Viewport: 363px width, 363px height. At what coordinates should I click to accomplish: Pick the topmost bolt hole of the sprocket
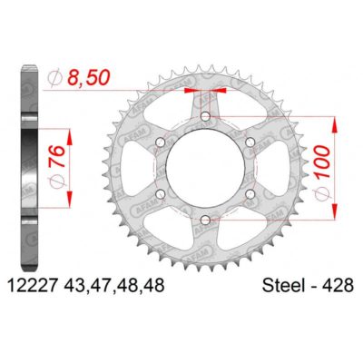click(205, 117)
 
